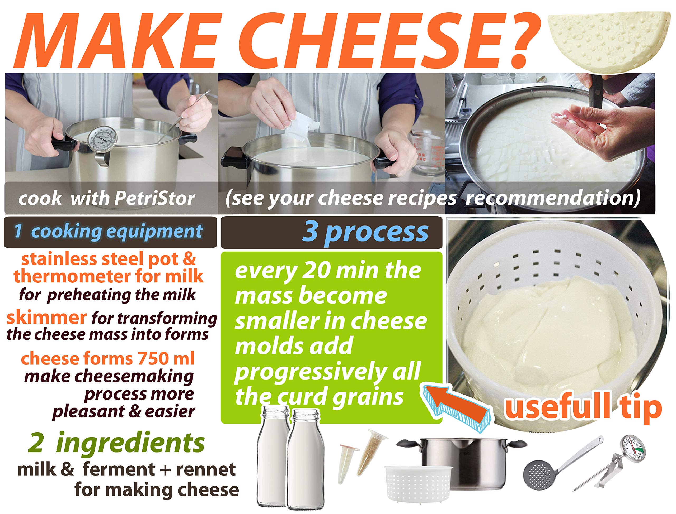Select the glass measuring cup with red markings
pyautogui.click(x=427, y=153)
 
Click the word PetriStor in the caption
pyautogui.click(x=155, y=199)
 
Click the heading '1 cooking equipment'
pyautogui.click(x=109, y=232)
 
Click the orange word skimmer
pyautogui.click(x=46, y=318)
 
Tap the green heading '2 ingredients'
pyautogui.click(x=116, y=443)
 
